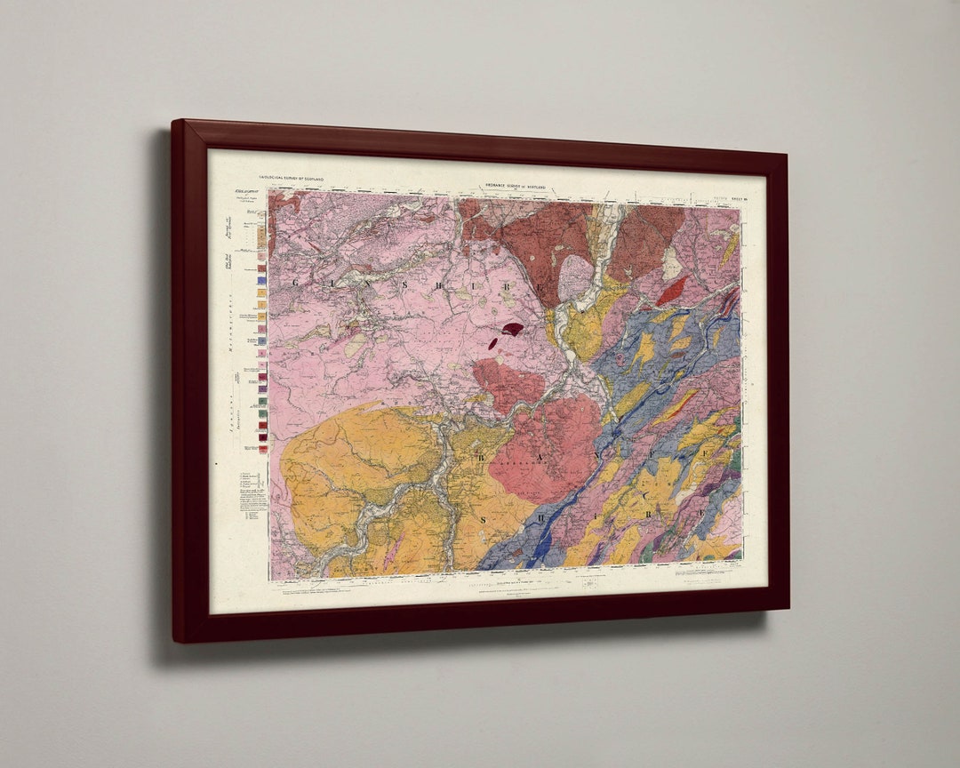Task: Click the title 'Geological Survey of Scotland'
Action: pos(292,179)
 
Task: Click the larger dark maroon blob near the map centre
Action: pos(512,329)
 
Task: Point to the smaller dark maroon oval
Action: pos(493,343)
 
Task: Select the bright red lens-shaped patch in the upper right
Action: pos(673,290)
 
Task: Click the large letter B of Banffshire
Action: pos(483,459)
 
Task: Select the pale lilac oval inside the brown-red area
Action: pos(575,277)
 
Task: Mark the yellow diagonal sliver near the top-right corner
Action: pos(730,249)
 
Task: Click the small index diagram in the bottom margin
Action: pos(588,584)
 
